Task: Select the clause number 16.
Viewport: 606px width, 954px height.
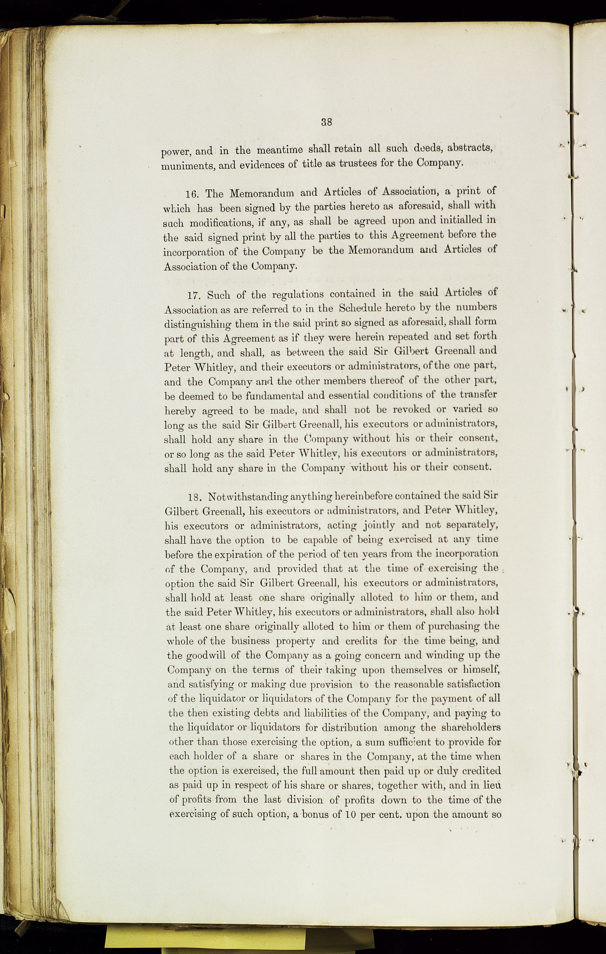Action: (193, 194)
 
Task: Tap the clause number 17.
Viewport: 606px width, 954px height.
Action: (194, 296)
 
